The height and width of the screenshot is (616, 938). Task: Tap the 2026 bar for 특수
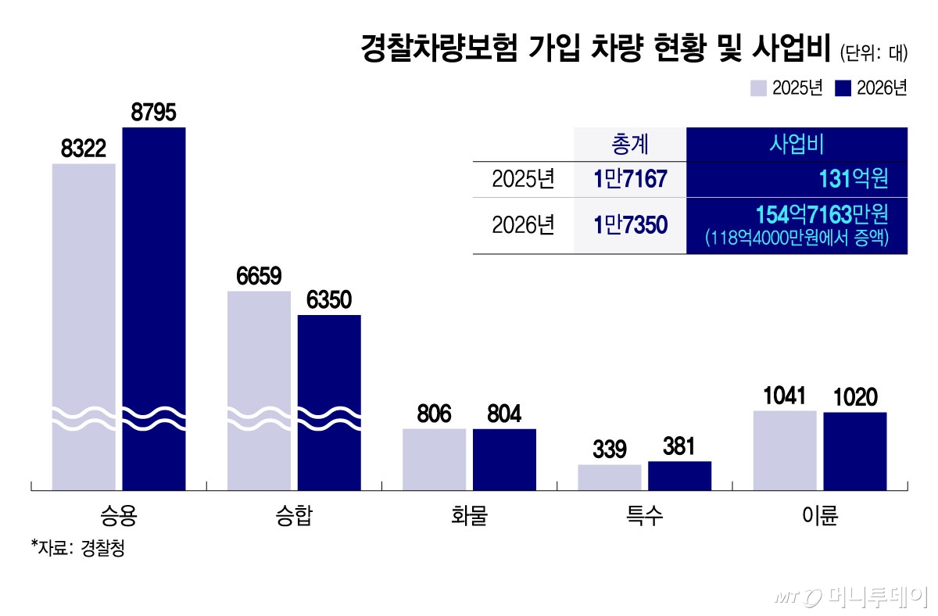pos(679,475)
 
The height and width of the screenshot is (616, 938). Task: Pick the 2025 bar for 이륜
pos(785,450)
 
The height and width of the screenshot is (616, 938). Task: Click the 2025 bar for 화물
pos(434,459)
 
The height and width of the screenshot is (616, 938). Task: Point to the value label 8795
pos(154,113)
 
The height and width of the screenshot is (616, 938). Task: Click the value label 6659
pos(259,277)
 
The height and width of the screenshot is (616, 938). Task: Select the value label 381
pos(679,447)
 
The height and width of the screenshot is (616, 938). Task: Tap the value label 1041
pos(785,396)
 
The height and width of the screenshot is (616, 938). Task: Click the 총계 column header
pos(629,145)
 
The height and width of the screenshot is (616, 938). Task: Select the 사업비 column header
pos(797,145)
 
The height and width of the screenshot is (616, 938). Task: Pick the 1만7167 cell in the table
pos(629,180)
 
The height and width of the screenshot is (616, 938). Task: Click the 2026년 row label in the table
pos(523,224)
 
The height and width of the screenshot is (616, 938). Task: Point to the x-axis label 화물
pos(469,517)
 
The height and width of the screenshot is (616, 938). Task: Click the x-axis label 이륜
pos(820,517)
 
